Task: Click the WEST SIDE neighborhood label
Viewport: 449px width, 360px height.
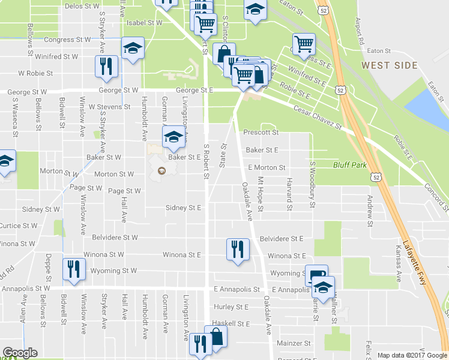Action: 384,64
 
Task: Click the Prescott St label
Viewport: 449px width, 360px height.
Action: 261,132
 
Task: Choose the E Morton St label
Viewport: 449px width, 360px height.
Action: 266,168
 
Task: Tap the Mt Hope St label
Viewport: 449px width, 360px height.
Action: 261,194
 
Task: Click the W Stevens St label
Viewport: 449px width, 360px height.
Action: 109,107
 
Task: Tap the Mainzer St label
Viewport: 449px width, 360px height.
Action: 294,344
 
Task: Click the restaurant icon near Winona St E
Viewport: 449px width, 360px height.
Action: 237,248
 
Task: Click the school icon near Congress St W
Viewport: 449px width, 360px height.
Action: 132,49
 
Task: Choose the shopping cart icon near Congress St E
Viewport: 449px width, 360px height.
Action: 304,43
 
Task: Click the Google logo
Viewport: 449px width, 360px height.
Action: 20,353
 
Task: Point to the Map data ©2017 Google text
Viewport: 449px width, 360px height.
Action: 412,355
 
